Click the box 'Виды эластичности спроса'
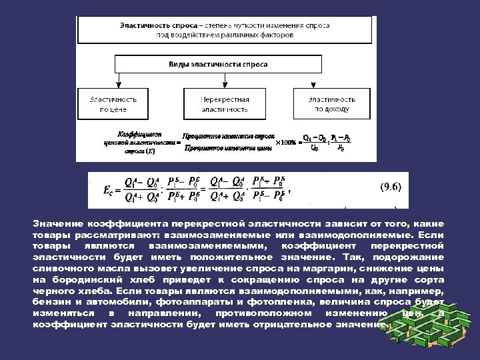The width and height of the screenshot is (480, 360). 227,64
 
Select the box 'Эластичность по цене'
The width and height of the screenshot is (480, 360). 118,103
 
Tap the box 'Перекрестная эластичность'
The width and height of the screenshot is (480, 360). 225,103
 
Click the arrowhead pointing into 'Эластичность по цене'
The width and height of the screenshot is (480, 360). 118,85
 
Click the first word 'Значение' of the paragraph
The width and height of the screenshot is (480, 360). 57,223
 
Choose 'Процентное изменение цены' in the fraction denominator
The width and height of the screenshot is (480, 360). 226,149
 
